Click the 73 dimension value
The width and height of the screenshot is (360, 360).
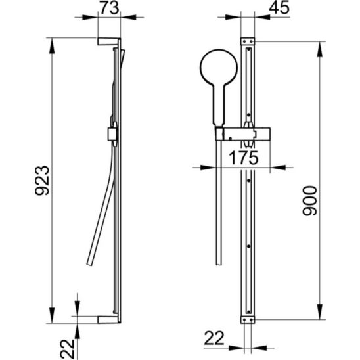click(109, 8)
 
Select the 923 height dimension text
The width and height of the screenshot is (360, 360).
click(42, 181)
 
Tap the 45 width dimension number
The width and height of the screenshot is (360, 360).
click(279, 8)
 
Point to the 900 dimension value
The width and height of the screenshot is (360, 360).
click(309, 201)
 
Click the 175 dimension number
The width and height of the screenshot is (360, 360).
click(244, 158)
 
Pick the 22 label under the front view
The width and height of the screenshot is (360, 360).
click(214, 338)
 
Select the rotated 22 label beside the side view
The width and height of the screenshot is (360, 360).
click(68, 349)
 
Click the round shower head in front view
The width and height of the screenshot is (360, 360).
click(219, 68)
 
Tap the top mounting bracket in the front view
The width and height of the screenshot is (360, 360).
click(248, 41)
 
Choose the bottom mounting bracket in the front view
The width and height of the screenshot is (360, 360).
click(248, 319)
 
